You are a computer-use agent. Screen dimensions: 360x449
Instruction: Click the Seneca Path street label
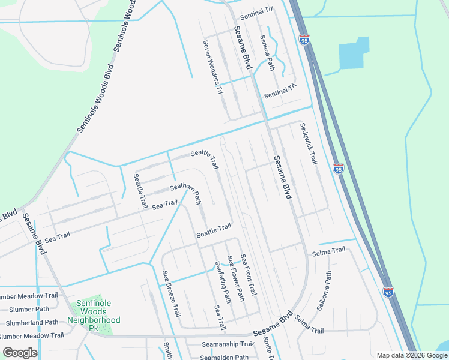click(267, 52)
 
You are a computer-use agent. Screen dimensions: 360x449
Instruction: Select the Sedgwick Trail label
click(309, 144)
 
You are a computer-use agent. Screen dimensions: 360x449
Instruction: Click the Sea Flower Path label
click(235, 278)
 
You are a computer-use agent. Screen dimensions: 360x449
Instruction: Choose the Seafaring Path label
click(223, 281)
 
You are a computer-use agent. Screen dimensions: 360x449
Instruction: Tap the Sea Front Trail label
click(249, 274)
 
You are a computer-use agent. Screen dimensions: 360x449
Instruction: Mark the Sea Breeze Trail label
click(172, 293)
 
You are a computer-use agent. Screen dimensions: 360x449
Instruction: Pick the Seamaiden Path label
click(224, 357)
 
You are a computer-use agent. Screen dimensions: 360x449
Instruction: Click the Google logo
click(20, 353)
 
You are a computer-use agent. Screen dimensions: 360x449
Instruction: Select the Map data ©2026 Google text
click(411, 355)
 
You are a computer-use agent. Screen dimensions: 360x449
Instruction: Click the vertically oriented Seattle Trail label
click(140, 191)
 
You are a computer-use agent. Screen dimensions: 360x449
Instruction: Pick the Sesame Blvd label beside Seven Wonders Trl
click(243, 46)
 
